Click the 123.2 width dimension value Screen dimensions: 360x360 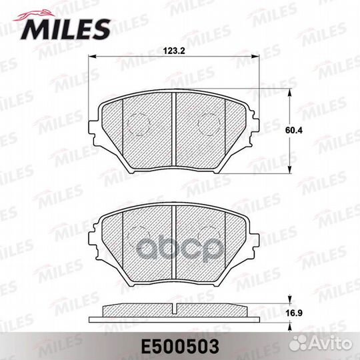point(174,51)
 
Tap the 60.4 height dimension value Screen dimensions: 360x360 point(294,131)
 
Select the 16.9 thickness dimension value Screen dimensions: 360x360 point(295,313)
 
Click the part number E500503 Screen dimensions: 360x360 point(180,347)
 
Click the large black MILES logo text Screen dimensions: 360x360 point(65,29)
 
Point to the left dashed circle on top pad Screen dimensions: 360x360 point(139,124)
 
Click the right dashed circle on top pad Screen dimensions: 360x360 point(209,124)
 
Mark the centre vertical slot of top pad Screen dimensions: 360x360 point(174,129)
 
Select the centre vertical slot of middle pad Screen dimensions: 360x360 point(174,243)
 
